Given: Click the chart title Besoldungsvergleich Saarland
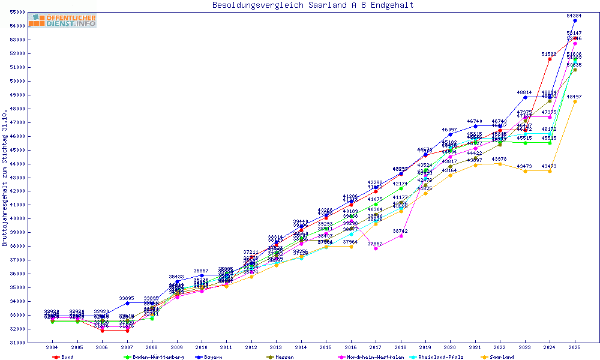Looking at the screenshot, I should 313,5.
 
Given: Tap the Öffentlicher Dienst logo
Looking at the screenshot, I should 62,21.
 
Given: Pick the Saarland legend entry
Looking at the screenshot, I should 501,357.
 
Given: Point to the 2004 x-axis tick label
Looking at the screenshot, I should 52,347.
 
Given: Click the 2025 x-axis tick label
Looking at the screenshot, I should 575,347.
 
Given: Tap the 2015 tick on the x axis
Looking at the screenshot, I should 326,347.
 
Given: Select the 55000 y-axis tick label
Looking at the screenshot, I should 17,12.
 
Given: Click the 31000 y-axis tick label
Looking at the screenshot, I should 17,343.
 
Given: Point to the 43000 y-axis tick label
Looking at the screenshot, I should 17,178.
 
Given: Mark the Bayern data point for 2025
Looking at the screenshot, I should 575,20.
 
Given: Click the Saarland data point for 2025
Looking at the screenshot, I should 575,101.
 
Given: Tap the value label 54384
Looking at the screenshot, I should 574,16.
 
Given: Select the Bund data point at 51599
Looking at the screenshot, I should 550,59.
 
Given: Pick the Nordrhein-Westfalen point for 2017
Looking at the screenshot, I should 376,248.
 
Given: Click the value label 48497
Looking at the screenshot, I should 574,97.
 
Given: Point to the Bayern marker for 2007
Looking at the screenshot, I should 127,303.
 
